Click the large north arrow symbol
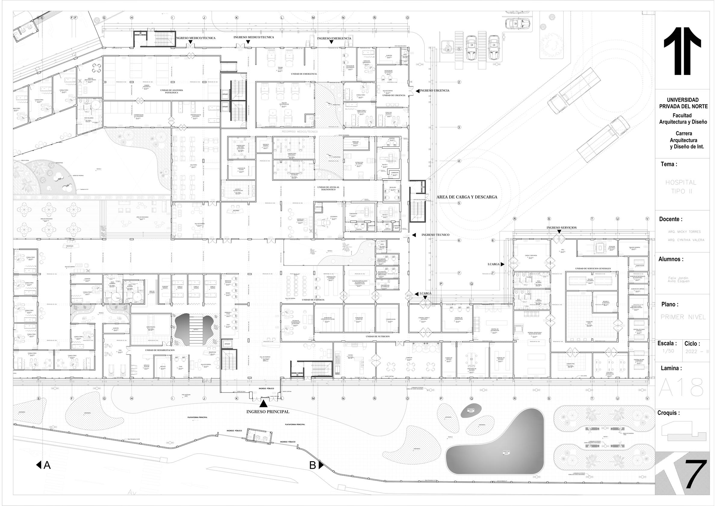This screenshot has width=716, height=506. click(x=682, y=51)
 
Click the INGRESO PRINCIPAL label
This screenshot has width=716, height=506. click(x=268, y=412)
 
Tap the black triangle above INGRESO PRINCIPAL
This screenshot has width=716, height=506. click(x=263, y=404)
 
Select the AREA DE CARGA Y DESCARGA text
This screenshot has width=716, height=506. click(x=466, y=197)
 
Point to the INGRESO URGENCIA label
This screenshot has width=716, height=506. click(x=434, y=91)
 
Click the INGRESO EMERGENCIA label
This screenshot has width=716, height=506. click(x=334, y=38)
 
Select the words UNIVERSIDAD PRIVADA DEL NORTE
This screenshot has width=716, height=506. click(x=683, y=103)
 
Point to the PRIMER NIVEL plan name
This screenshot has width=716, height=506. click(x=683, y=317)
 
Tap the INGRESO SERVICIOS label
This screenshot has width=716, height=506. click(x=561, y=228)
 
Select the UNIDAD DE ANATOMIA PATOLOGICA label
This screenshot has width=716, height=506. click(x=172, y=91)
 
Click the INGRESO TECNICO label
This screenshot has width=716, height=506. click(x=435, y=235)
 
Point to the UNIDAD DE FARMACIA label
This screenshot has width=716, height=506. click(x=313, y=300)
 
